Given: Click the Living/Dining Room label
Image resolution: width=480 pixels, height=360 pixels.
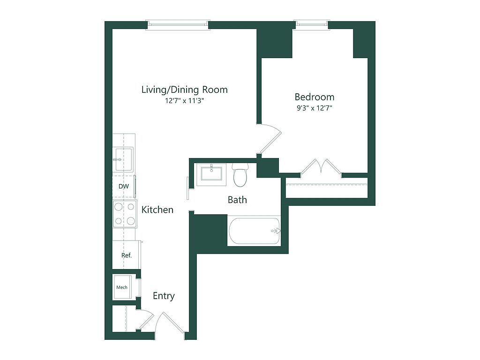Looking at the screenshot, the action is click(x=185, y=90).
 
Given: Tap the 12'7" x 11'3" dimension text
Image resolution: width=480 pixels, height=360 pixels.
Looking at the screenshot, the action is click(x=185, y=101).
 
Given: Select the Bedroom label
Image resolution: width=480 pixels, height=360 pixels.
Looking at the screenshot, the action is click(x=315, y=97).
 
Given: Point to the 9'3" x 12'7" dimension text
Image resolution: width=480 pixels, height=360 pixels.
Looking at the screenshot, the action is click(x=315, y=108).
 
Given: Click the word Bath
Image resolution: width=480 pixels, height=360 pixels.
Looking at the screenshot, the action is click(x=237, y=200).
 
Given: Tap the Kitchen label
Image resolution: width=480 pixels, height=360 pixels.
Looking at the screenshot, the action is click(x=157, y=210).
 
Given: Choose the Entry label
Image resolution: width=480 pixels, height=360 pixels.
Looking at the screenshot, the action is click(x=164, y=296).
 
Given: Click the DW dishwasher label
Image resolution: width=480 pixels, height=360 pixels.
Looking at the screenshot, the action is click(x=124, y=186).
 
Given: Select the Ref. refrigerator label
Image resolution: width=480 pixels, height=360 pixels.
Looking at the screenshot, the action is click(x=127, y=255).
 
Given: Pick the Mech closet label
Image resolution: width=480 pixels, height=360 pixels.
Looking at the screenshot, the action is click(x=122, y=287).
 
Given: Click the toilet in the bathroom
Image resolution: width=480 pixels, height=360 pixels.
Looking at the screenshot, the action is click(x=240, y=175).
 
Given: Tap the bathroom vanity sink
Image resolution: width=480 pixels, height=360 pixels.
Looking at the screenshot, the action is click(x=211, y=173).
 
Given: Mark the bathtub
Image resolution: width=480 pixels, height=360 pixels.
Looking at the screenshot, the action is click(x=254, y=231).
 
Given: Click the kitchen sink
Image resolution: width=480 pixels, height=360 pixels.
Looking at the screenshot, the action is click(x=123, y=159).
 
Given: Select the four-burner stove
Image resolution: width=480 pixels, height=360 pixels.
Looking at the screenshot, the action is click(x=125, y=214).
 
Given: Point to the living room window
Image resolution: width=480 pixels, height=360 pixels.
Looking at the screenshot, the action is click(x=178, y=25).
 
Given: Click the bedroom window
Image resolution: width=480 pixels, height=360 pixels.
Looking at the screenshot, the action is click(x=312, y=24).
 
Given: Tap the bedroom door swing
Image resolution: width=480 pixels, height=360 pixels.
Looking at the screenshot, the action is click(x=270, y=138).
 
